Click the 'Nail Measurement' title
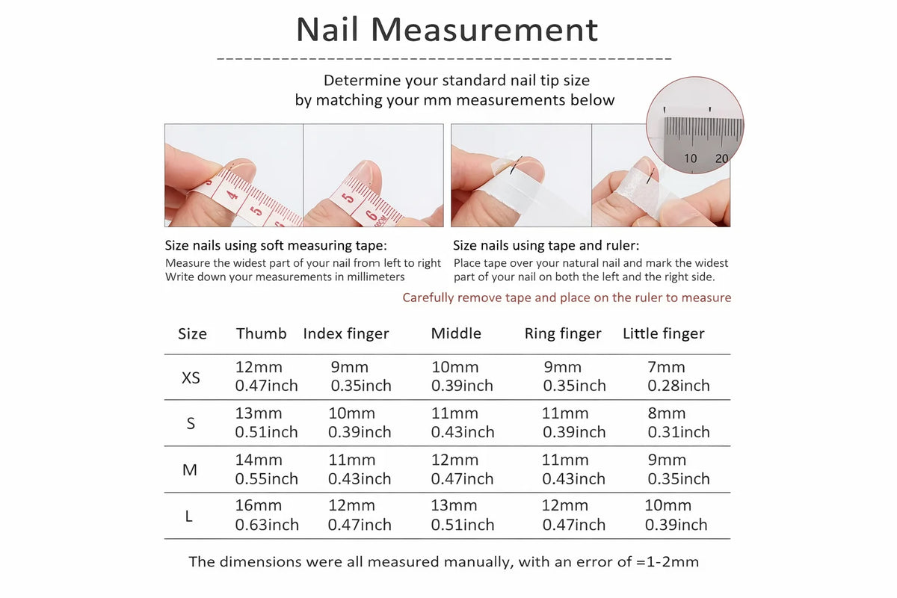tap(447, 30)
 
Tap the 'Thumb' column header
tap(261, 333)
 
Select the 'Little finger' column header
tap(663, 333)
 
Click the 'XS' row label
tap(191, 377)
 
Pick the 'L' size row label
tap(189, 516)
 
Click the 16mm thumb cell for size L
tap(259, 505)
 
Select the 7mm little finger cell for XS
tap(666, 367)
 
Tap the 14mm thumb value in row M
tap(259, 460)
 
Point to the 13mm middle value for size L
tap(454, 505)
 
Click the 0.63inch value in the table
tap(267, 525)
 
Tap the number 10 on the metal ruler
tap(690, 158)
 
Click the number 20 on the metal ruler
tap(721, 158)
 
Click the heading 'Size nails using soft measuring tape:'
tap(276, 245)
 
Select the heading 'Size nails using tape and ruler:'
tap(546, 245)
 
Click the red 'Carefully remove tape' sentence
tap(567, 298)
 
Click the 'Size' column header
tap(192, 333)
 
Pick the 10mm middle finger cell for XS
tap(454, 367)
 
